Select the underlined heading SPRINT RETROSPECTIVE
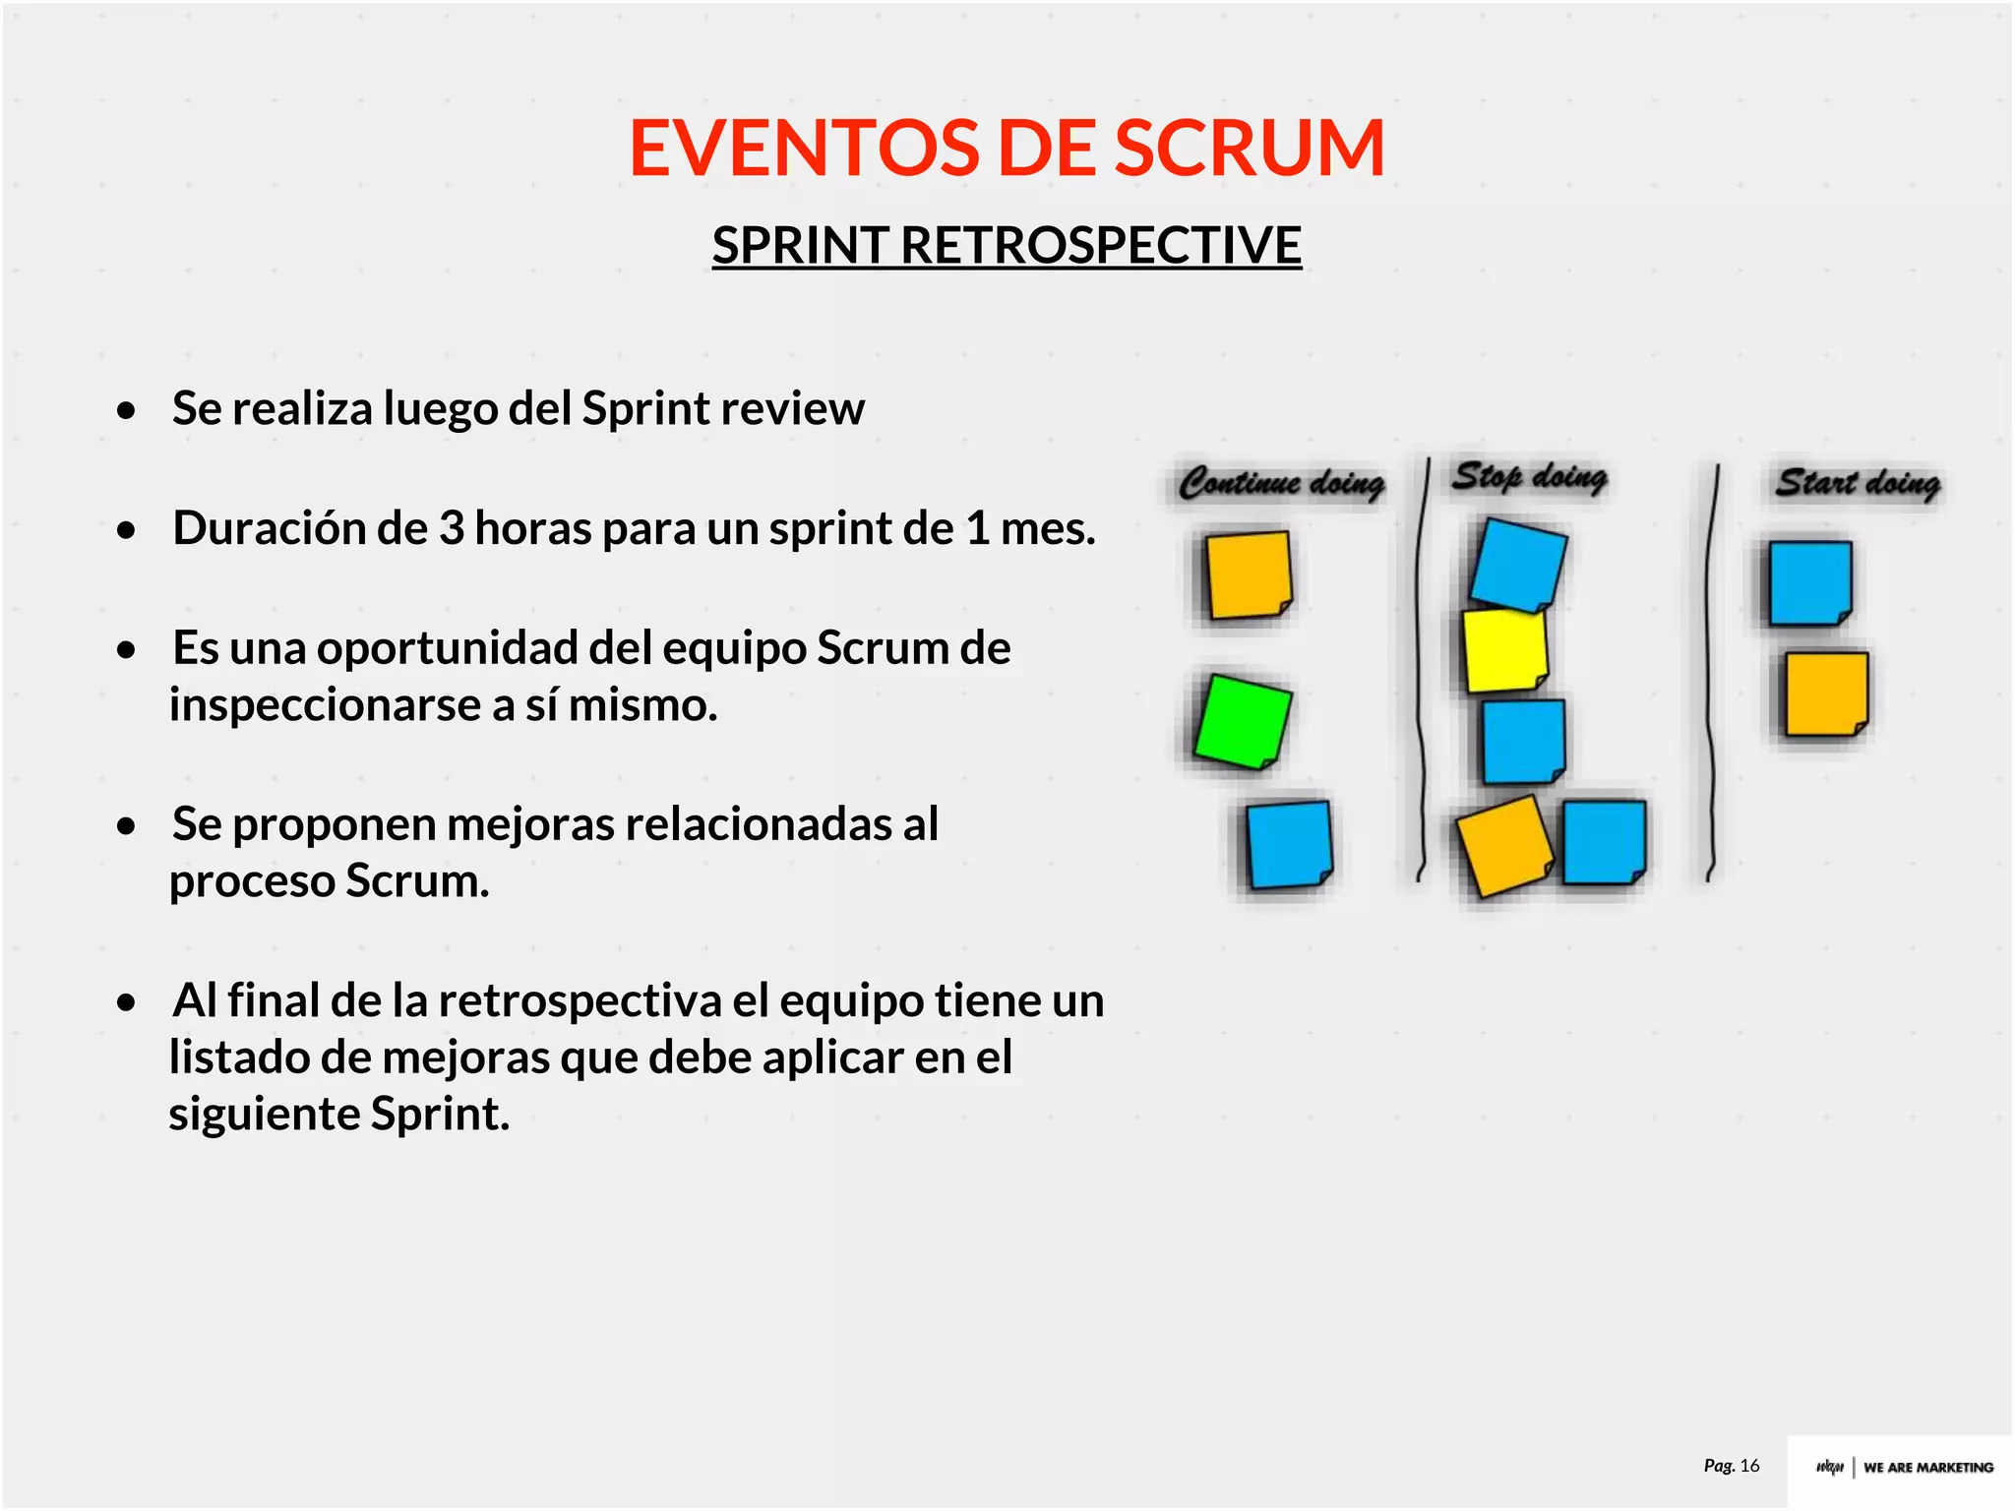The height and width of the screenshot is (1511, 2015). pos(1007,245)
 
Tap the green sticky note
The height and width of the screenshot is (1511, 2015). pos(1243,721)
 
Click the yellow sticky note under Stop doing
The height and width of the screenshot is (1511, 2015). pos(1503,650)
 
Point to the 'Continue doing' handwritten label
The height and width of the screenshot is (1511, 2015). pos(1281,483)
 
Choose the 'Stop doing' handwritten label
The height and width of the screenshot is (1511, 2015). pos(1530,477)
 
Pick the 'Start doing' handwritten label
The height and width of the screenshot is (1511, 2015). pos(1858,483)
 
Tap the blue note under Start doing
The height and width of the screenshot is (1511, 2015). pos(1809,583)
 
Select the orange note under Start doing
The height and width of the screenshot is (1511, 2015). pos(1826,694)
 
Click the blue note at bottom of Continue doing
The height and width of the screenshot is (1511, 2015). pos(1289,845)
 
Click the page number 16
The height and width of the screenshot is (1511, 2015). pos(1749,1466)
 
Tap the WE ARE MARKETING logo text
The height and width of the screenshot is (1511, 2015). pos(1927,1468)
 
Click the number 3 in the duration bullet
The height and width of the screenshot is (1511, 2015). pos(452,529)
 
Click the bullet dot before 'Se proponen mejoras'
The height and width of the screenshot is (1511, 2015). pos(126,826)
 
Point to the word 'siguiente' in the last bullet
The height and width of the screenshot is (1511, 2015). pos(266,1116)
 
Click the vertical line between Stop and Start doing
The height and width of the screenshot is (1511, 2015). pos(1713,669)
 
